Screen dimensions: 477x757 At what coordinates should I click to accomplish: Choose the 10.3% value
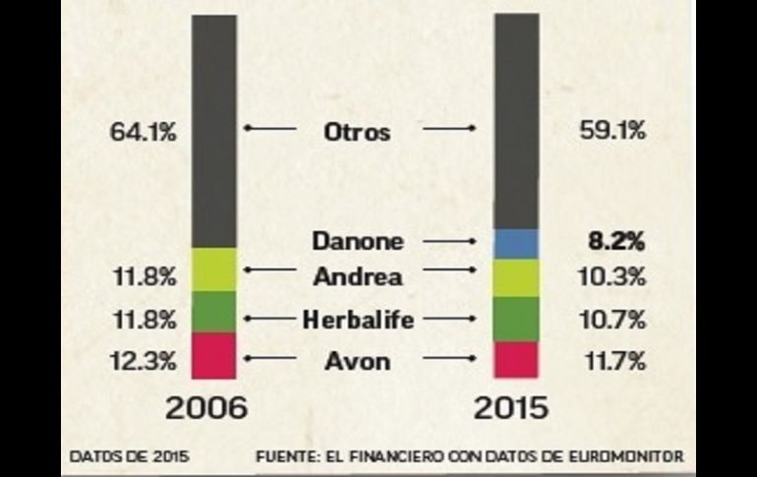point(612,277)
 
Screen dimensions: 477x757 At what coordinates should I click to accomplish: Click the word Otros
point(357,131)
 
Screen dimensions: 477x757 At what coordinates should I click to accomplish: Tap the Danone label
point(357,241)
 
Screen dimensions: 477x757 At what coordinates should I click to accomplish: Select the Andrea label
point(357,276)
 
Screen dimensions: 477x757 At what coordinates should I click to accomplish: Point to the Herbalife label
point(357,319)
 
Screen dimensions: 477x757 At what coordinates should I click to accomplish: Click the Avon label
point(357,361)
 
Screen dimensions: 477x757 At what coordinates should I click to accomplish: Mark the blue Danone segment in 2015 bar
point(515,244)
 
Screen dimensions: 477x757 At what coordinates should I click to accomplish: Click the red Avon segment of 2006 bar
point(214,355)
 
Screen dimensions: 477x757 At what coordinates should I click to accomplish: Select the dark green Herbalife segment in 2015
point(515,319)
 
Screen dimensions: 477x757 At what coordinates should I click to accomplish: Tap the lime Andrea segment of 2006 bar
point(214,269)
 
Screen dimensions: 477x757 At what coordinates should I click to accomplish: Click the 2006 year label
point(206,407)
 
